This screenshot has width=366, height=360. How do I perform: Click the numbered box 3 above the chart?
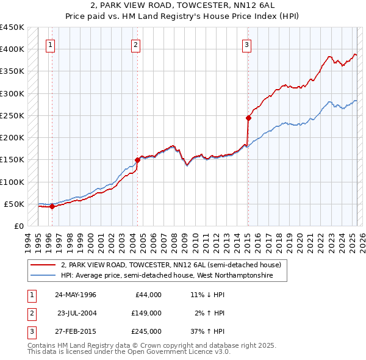click(x=246, y=44)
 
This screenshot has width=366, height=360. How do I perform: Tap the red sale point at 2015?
click(x=248, y=118)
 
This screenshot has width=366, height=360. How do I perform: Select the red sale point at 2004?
click(x=137, y=160)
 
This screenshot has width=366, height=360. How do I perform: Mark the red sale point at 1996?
click(x=52, y=206)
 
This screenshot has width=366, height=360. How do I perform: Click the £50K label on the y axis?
click(x=15, y=204)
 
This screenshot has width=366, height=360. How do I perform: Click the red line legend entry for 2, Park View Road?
click(x=171, y=265)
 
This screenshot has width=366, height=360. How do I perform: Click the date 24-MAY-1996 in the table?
click(x=76, y=295)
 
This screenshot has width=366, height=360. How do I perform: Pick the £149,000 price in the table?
click(x=146, y=313)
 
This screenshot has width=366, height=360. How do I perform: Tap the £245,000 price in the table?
click(x=146, y=331)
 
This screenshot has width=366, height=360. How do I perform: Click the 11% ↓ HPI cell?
click(x=207, y=295)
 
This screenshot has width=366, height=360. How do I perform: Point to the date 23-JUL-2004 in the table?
click(x=76, y=313)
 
